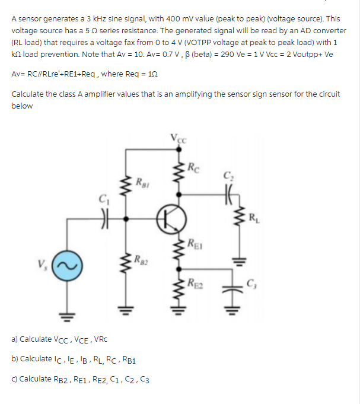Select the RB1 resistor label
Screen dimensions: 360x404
point(142,181)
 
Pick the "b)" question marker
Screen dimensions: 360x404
point(15,359)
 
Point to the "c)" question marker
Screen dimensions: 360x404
point(15,378)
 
